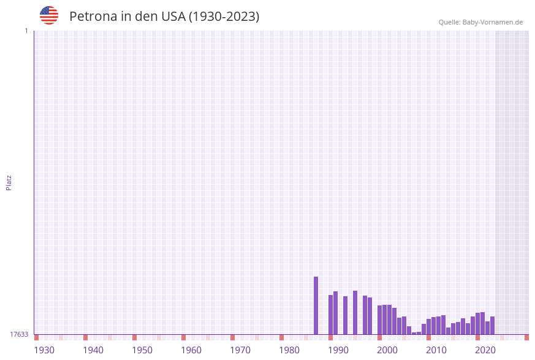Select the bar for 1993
[346, 315]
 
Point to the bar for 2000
[380, 320]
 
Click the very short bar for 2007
[414, 333]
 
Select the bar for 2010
[429, 326]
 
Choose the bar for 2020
[478, 323]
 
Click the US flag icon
[49, 15]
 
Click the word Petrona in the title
[92, 17]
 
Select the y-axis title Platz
[9, 182]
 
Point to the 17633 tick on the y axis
[19, 334]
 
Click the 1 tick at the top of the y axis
[26, 31]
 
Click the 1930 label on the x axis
[44, 350]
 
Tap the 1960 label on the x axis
[191, 350]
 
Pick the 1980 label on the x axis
[289, 350]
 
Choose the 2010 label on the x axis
[436, 350]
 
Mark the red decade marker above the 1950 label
[135, 337]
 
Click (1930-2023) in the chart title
[224, 17]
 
